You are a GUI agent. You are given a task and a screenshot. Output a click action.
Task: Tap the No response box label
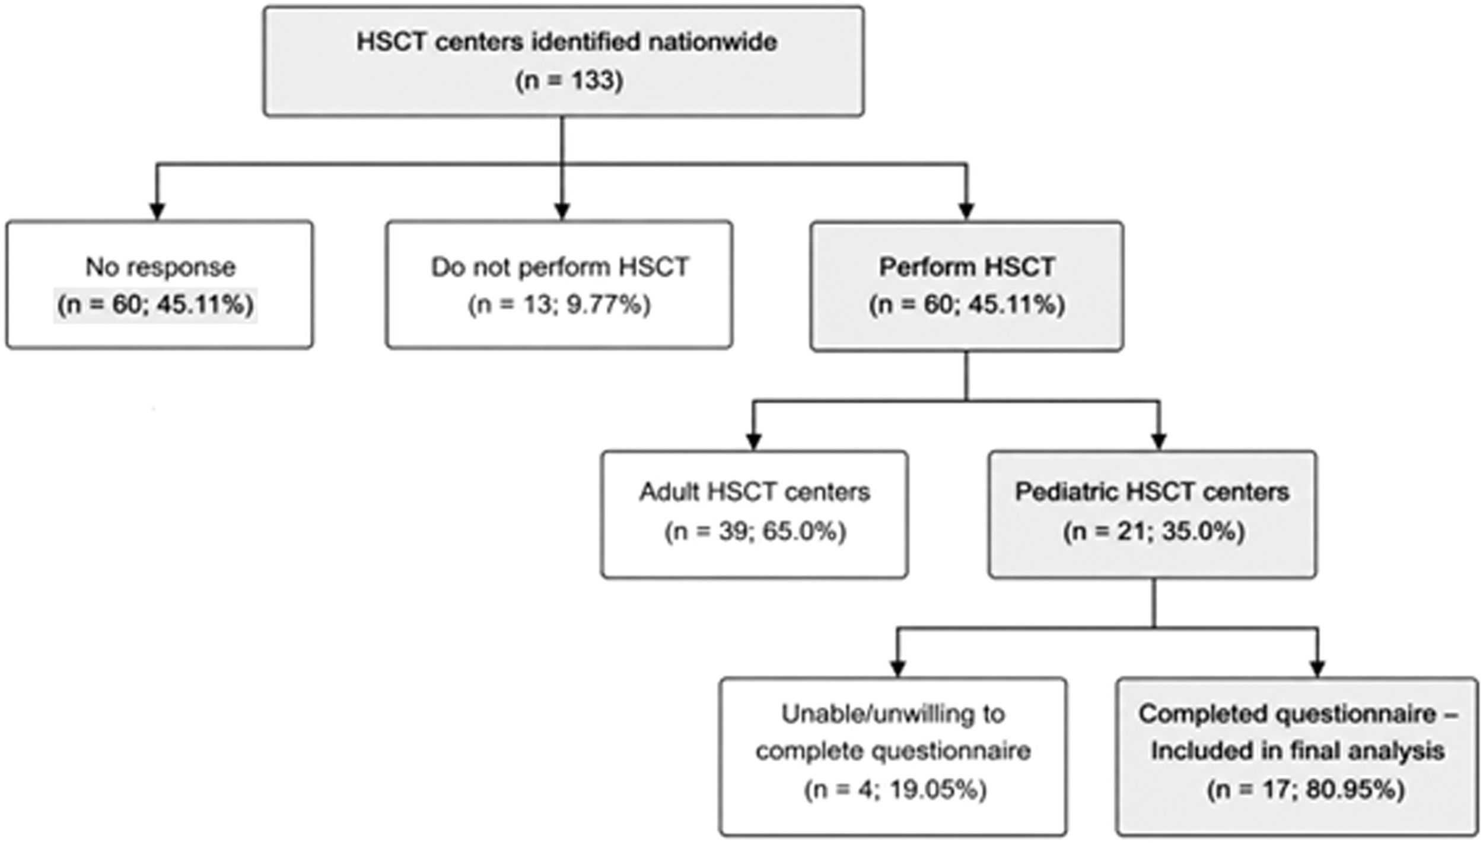161,268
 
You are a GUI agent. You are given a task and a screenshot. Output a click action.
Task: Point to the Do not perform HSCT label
559,267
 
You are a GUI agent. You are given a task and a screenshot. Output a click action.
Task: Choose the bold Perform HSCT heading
967,267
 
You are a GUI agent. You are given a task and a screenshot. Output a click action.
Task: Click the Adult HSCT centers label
755,492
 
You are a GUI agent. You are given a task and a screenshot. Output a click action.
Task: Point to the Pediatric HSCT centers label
1152,492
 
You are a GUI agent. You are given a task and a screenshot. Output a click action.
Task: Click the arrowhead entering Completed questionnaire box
1317,669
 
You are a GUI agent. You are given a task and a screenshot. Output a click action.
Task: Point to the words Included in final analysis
1298,752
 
